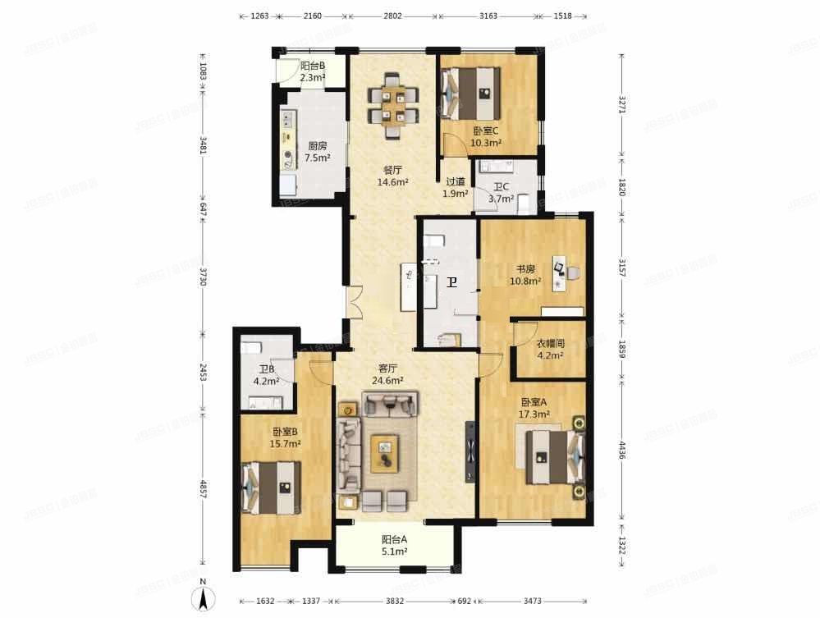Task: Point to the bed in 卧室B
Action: click(x=271, y=487)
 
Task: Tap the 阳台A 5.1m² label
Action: click(x=394, y=546)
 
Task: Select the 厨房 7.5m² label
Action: click(x=318, y=152)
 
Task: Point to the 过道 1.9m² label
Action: click(x=456, y=188)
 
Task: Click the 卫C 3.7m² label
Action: click(x=501, y=193)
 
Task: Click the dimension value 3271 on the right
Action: click(x=622, y=104)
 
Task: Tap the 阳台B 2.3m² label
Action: click(x=312, y=72)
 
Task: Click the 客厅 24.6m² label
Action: click(x=388, y=374)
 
